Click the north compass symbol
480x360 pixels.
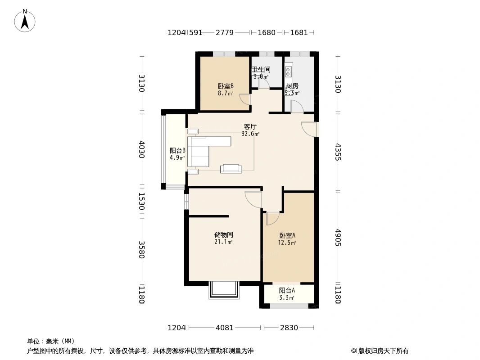[25, 20]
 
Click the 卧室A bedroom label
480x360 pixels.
[287, 235]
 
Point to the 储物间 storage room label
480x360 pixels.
[223, 234]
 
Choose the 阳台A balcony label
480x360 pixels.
[287, 291]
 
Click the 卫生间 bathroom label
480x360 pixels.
[261, 70]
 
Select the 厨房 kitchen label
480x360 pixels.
[292, 86]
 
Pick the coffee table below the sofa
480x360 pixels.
[231, 169]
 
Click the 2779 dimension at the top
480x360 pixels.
[225, 32]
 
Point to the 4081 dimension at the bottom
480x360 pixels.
[225, 328]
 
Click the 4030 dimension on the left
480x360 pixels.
[142, 149]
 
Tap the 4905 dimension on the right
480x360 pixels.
[338, 237]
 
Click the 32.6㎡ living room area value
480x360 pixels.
[250, 134]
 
